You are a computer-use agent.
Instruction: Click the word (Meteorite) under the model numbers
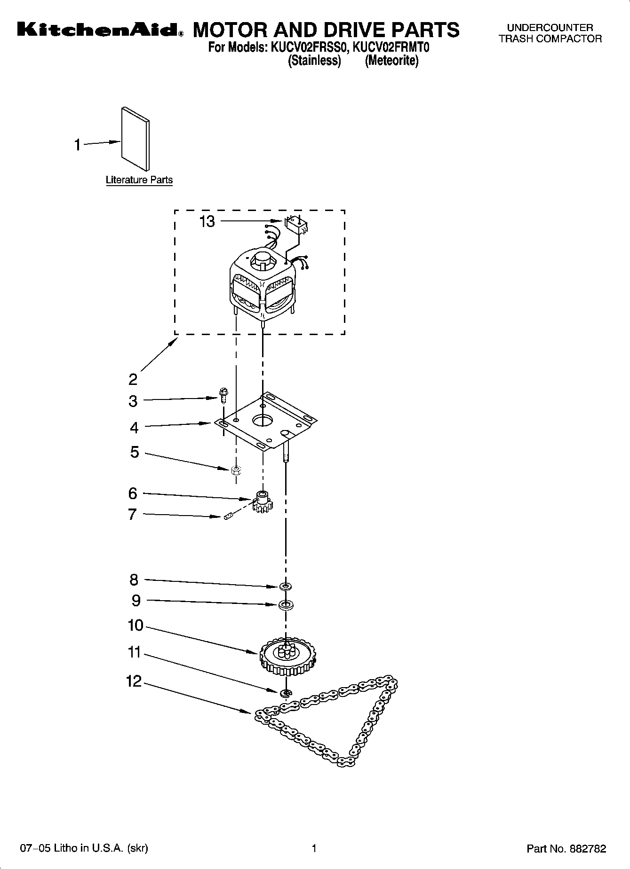pyautogui.click(x=391, y=61)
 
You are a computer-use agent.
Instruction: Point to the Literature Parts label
pyautogui.click(x=139, y=180)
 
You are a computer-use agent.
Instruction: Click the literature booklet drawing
pyautogui.click(x=136, y=138)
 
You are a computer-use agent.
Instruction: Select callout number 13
pyautogui.click(x=207, y=221)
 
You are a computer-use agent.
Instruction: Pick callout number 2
pyautogui.click(x=133, y=379)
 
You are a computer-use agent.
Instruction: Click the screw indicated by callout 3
pyautogui.click(x=223, y=395)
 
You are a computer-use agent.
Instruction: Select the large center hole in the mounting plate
pyautogui.click(x=263, y=420)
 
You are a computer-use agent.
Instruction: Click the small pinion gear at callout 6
pyautogui.click(x=263, y=501)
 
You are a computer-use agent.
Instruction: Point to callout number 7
pyautogui.click(x=133, y=515)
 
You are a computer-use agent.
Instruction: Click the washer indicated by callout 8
pyautogui.click(x=285, y=587)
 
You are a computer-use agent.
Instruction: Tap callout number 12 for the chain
pyautogui.click(x=134, y=681)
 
